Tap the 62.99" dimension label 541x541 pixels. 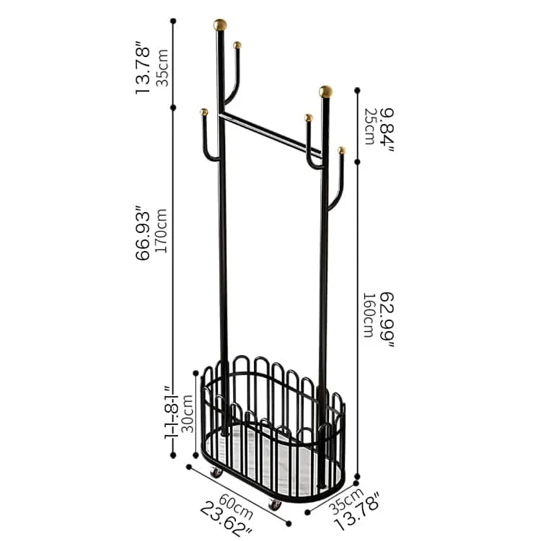pyautogui.click(x=387, y=320)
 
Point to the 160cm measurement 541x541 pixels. pyautogui.click(x=369, y=316)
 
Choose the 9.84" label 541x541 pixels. pyautogui.click(x=387, y=126)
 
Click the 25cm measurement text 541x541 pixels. pyautogui.click(x=369, y=126)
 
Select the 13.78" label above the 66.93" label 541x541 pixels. pyautogui.click(x=144, y=70)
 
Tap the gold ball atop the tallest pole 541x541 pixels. pyautogui.click(x=220, y=25)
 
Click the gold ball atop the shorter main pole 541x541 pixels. pyautogui.click(x=326, y=92)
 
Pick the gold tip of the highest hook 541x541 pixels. pyautogui.click(x=237, y=45)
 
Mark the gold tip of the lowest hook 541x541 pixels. pyautogui.click(x=341, y=150)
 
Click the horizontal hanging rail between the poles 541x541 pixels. pyautogui.click(x=270, y=134)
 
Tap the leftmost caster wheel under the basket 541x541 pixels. pyautogui.click(x=216, y=471)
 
